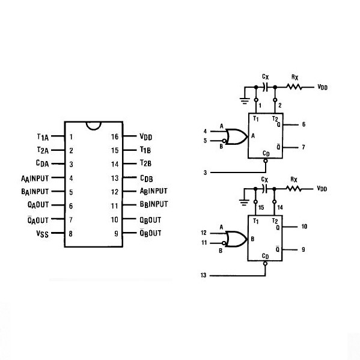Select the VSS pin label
(43, 234)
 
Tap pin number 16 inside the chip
(115, 136)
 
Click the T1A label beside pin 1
(43, 137)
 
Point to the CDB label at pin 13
(147, 178)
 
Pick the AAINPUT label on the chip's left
(35, 178)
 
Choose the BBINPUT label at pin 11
(154, 204)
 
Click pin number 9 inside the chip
(117, 234)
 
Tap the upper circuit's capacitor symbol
(266, 87)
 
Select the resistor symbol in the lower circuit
(293, 189)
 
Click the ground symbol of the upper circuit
(245, 101)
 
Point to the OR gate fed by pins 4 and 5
(236, 136)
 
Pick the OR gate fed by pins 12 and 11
(236, 239)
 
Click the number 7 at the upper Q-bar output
(304, 147)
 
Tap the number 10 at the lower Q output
(304, 227)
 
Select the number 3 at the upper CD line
(206, 172)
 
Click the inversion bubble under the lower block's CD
(265, 264)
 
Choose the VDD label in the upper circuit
(323, 87)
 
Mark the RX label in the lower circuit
(294, 180)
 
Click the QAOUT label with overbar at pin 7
(38, 220)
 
